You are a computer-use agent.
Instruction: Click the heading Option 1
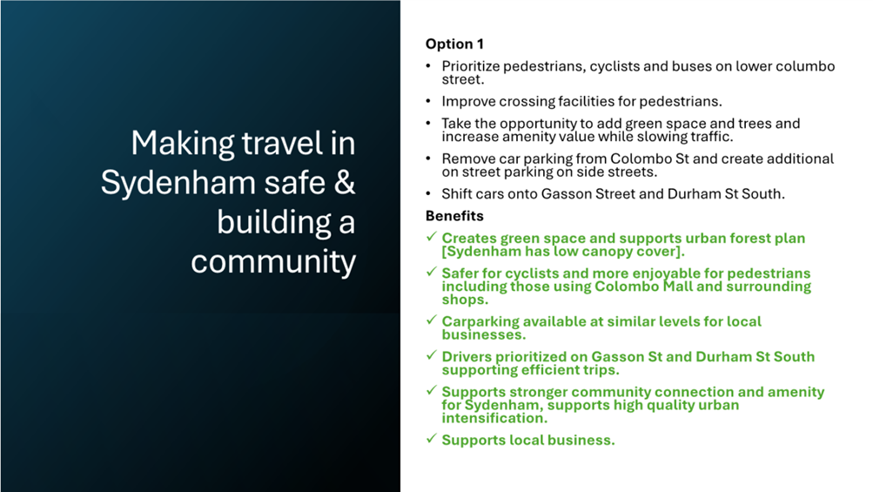(454, 44)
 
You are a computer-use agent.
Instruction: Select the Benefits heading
(454, 216)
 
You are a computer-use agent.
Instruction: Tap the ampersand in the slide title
(345, 182)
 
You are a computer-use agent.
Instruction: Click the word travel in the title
(282, 143)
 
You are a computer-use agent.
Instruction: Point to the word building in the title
(273, 222)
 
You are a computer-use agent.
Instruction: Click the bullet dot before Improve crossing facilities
(428, 101)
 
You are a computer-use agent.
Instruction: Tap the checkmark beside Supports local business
(431, 439)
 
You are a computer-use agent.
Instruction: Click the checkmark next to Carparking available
(431, 320)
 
